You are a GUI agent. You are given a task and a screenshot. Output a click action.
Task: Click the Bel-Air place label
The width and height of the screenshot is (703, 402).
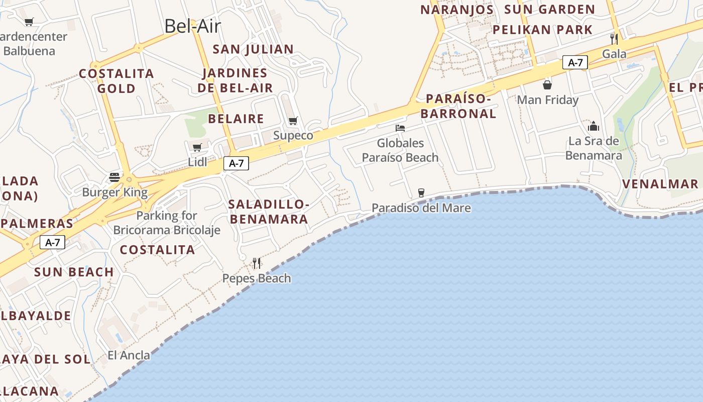click(x=193, y=26)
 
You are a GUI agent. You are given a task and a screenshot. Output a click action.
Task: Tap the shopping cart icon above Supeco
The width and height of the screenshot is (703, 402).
click(x=293, y=121)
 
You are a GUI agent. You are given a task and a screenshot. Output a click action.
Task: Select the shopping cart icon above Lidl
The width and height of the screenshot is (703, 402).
click(x=197, y=147)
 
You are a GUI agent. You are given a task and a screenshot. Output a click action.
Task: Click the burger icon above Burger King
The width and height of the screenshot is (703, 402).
click(x=114, y=177)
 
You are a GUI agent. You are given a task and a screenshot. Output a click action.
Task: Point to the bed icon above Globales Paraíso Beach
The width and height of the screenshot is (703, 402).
click(x=400, y=128)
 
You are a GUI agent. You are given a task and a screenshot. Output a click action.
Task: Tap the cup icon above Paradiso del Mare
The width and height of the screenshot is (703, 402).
click(x=421, y=192)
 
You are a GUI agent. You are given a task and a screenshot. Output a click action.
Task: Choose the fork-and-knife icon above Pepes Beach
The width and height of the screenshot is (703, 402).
click(x=257, y=262)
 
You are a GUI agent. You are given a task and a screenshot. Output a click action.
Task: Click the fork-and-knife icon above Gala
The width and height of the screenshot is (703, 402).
click(x=614, y=39)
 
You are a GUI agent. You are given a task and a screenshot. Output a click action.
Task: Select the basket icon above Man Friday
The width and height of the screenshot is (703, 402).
click(x=547, y=84)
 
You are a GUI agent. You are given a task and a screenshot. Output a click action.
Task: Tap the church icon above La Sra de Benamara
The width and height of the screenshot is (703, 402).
click(x=594, y=126)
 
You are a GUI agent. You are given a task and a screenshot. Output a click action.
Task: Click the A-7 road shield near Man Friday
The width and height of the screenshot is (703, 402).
click(x=575, y=62)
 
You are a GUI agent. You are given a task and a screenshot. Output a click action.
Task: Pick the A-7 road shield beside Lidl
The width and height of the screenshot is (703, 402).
click(x=236, y=163)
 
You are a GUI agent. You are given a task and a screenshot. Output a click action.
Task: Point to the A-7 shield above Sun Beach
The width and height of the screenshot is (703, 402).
click(x=53, y=243)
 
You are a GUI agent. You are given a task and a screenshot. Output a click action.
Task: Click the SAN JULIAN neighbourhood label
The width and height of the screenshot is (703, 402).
click(x=253, y=49)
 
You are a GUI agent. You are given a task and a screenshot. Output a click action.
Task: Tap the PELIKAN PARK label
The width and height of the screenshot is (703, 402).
click(x=542, y=30)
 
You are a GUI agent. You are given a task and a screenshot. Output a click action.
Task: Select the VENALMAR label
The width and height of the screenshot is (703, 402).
click(x=660, y=184)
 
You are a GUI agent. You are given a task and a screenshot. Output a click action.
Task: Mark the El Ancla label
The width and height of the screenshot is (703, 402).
click(x=129, y=355)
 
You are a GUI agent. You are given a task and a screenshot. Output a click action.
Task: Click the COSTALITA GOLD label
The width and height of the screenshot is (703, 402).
click(x=116, y=81)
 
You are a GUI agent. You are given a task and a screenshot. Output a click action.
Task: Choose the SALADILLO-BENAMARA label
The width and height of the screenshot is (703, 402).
click(x=268, y=212)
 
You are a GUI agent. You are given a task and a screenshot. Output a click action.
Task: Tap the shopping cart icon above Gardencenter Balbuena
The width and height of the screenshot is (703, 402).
click(x=29, y=22)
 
